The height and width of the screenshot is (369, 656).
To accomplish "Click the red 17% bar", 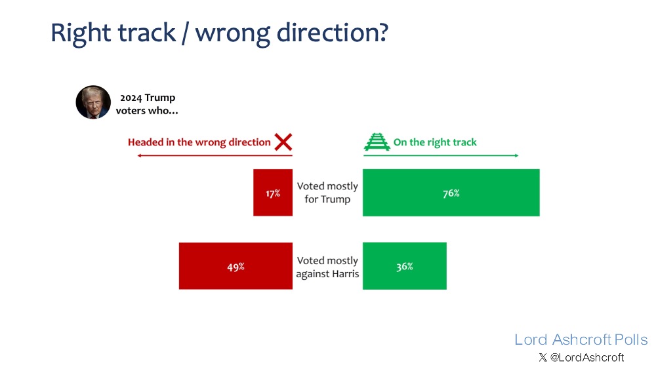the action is tap(273, 193).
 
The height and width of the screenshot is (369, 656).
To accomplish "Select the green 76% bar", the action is tap(451, 193).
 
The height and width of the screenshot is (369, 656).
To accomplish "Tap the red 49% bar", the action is tap(236, 266).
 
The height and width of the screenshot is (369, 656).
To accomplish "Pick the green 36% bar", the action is tap(405, 266).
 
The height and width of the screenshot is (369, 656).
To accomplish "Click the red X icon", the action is tap(283, 142).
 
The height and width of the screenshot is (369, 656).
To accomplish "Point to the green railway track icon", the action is tap(377, 142).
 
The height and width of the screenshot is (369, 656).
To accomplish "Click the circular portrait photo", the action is tap(93, 102).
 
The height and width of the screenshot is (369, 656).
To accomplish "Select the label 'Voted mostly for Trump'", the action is tap(327, 193).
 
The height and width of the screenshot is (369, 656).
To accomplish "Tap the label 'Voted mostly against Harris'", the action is tap(327, 267).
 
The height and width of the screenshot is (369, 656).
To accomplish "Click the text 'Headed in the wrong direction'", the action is tap(199, 142).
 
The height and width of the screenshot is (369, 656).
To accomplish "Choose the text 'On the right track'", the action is tap(435, 142).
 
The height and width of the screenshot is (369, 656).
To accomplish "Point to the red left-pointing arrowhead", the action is tap(140, 155).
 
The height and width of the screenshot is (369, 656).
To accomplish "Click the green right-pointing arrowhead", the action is tap(516, 155).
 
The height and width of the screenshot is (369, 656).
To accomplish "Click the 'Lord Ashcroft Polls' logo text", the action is tap(581, 340).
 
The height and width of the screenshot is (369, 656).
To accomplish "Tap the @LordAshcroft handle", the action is tap(587, 358).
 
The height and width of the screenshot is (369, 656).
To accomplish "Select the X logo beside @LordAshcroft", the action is tap(543, 357).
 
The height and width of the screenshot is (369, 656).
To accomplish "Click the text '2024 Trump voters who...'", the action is tap(147, 104).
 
